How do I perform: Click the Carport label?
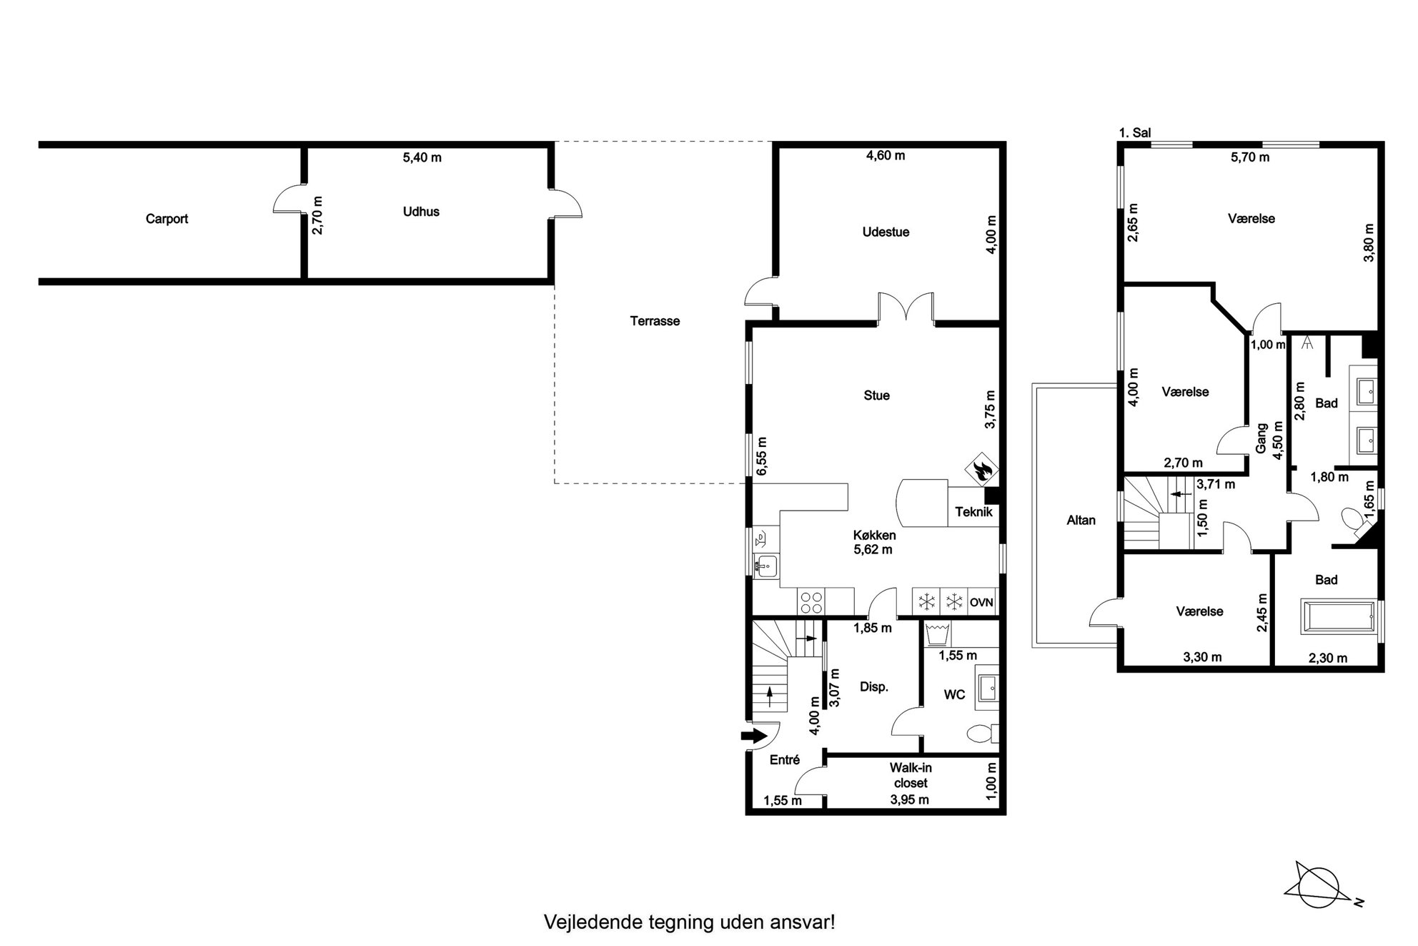(x=167, y=219)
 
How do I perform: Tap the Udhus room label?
(x=421, y=212)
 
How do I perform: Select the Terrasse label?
(x=655, y=321)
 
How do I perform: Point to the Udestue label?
(x=886, y=232)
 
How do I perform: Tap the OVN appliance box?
(x=981, y=602)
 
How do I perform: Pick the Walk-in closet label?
(x=911, y=775)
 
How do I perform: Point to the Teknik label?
(x=973, y=512)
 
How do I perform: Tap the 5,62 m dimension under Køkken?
(x=873, y=550)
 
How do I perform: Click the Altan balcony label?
(x=1081, y=521)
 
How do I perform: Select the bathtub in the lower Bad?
(x=1338, y=617)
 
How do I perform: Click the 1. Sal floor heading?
(x=1135, y=133)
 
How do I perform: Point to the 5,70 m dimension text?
(x=1250, y=157)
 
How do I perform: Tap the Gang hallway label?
(x=1262, y=438)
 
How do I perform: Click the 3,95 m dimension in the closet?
(x=910, y=800)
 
